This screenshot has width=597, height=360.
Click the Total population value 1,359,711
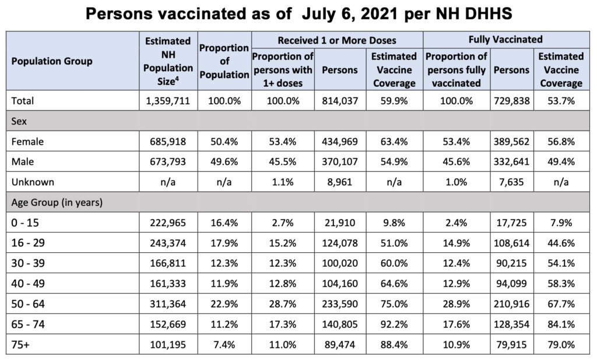click(168, 101)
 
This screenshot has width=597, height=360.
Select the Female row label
click(27, 142)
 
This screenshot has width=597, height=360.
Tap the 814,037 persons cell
click(340, 101)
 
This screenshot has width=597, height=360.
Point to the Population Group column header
click(52, 61)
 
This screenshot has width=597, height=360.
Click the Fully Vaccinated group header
click(505, 40)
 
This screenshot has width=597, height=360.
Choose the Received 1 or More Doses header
click(337, 40)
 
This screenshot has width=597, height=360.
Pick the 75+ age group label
click(20, 345)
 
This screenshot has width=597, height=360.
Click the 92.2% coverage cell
click(394, 324)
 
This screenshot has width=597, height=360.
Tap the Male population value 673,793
click(168, 162)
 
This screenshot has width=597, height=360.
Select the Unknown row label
click(33, 182)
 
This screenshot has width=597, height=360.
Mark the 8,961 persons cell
click(340, 182)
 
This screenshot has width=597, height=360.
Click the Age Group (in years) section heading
click(57, 203)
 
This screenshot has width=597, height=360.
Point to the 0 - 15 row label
click(25, 223)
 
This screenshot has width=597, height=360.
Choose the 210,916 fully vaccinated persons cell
click(512, 304)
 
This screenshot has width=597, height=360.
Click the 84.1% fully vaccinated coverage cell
click(561, 324)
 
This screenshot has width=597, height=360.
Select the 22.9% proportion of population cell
click(224, 304)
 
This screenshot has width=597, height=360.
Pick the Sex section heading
click(19, 121)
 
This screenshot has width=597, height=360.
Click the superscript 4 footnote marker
click(177, 79)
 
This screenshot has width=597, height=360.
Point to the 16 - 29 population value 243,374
click(168, 243)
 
